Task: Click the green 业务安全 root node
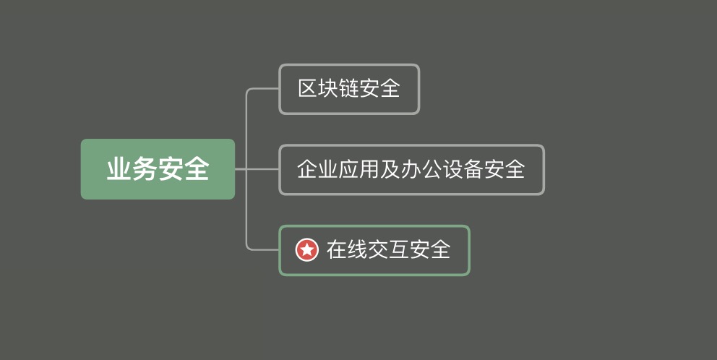pyautogui.click(x=158, y=168)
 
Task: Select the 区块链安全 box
pyautogui.click(x=349, y=89)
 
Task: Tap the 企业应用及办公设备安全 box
pyautogui.click(x=411, y=170)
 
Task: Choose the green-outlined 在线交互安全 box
pyautogui.click(x=374, y=250)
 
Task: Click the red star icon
pyautogui.click(x=307, y=249)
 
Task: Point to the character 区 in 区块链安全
pyautogui.click(x=308, y=88)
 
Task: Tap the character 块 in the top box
pyautogui.click(x=328, y=88)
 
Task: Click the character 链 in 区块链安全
pyautogui.click(x=349, y=88)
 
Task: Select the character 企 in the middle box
pyautogui.click(x=307, y=168)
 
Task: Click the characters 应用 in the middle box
pyautogui.click(x=359, y=168)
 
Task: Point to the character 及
pyautogui.click(x=390, y=168)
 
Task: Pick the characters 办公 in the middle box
pyautogui.click(x=421, y=168)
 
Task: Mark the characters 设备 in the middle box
pyautogui.click(x=463, y=168)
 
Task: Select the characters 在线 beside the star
pyautogui.click(x=347, y=249)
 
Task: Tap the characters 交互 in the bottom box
pyautogui.click(x=389, y=249)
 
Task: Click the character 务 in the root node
pyautogui.click(x=145, y=168)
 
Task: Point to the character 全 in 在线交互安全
pyautogui.click(x=441, y=249)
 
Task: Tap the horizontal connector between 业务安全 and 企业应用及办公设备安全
pyautogui.click(x=257, y=169)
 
